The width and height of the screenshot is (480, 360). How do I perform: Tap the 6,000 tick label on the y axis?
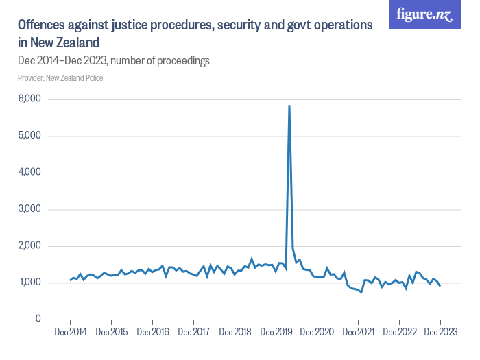click(x=29, y=99)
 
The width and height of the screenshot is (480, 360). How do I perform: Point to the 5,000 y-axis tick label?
click(x=29, y=136)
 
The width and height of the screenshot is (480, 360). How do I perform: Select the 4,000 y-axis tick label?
click(x=29, y=173)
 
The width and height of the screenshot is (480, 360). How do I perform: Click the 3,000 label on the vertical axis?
click(x=29, y=209)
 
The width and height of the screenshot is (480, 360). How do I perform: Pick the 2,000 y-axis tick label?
click(x=29, y=246)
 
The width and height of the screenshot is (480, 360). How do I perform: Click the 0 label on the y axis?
click(x=38, y=320)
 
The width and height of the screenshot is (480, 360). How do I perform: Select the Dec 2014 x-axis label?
click(x=70, y=333)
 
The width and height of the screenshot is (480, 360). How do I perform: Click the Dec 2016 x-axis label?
click(x=152, y=333)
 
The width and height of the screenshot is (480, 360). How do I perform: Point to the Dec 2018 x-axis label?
click(x=235, y=333)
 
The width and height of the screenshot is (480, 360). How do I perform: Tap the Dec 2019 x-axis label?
click(x=276, y=333)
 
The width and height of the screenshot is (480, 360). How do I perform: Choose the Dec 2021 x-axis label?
click(x=358, y=333)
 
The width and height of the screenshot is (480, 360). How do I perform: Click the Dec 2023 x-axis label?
click(x=440, y=333)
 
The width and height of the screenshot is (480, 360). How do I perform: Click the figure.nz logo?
click(x=424, y=14)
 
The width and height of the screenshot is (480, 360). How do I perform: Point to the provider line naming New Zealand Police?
click(x=60, y=77)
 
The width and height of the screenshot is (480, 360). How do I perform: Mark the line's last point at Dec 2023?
click(x=440, y=285)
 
